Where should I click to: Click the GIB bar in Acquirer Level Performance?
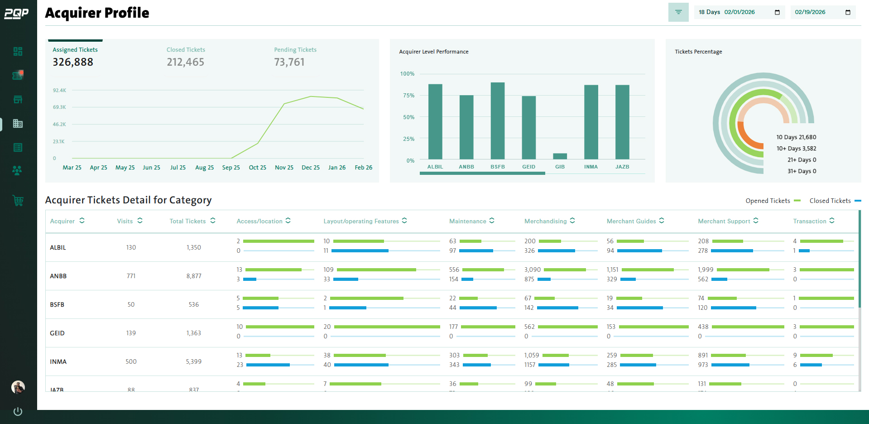pyautogui.click(x=560, y=156)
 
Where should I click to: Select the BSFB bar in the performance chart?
pyautogui.click(x=497, y=121)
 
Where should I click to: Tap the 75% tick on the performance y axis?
pyautogui.click(x=408, y=96)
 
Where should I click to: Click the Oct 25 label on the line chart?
pyautogui.click(x=257, y=168)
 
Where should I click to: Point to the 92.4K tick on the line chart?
pyautogui.click(x=59, y=90)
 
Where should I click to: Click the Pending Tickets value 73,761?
pyautogui.click(x=289, y=62)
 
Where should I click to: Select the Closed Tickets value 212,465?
pyautogui.click(x=185, y=62)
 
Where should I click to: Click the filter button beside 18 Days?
pyautogui.click(x=678, y=12)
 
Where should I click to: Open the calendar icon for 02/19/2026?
pyautogui.click(x=848, y=12)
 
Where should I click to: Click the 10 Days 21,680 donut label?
pyautogui.click(x=796, y=137)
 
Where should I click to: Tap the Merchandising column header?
pyautogui.click(x=545, y=221)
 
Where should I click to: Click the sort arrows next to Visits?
pyautogui.click(x=140, y=221)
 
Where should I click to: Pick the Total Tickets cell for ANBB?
pyautogui.click(x=194, y=276)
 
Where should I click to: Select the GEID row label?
pyautogui.click(x=57, y=333)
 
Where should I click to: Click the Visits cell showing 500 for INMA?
pyautogui.click(x=131, y=361)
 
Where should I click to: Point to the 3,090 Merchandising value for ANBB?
pyautogui.click(x=532, y=270)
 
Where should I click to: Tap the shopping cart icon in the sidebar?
pyautogui.click(x=18, y=200)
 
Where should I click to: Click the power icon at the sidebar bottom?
pyautogui.click(x=18, y=411)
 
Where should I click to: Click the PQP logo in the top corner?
pyautogui.click(x=16, y=14)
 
